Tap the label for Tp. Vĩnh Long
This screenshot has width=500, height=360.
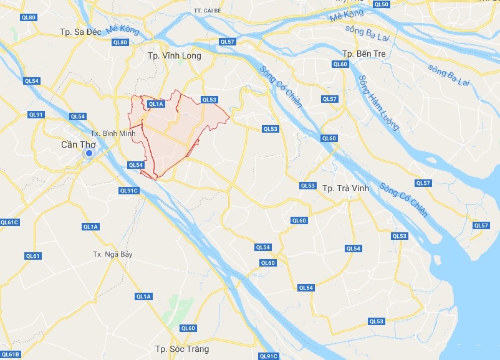tap(174, 56)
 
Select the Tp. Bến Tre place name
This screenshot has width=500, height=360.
tap(364, 54)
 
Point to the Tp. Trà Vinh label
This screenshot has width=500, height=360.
tap(345, 188)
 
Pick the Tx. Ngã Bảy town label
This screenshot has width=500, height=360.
tap(112, 254)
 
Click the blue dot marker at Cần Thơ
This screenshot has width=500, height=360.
tap(89, 153)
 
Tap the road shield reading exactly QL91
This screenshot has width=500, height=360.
tap(36, 115)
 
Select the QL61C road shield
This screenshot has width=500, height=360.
tap(10, 222)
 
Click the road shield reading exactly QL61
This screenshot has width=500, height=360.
tap(33, 256)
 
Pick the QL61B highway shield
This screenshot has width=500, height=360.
tap(11, 354)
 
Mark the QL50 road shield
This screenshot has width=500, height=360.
tap(382, 4)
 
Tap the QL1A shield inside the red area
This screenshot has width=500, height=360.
tap(155, 105)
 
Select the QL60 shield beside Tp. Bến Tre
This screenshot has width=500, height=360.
tap(340, 64)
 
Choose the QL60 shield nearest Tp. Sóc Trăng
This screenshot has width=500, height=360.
tap(188, 328)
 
